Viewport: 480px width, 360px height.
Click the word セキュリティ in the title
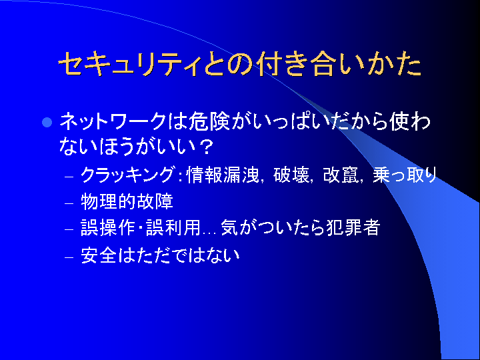click(x=130, y=64)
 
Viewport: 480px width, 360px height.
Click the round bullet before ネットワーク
click(x=47, y=123)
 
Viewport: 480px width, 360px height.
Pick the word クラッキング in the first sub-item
click(x=128, y=175)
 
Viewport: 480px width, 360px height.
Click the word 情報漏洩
click(x=223, y=175)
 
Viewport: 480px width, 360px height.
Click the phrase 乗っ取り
click(x=405, y=175)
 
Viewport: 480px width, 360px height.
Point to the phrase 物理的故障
click(x=127, y=201)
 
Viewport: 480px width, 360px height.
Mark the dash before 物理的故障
click(x=69, y=203)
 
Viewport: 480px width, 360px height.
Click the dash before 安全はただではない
click(x=69, y=257)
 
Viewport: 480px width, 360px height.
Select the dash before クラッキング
click(x=69, y=177)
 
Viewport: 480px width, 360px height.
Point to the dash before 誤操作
click(x=69, y=229)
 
